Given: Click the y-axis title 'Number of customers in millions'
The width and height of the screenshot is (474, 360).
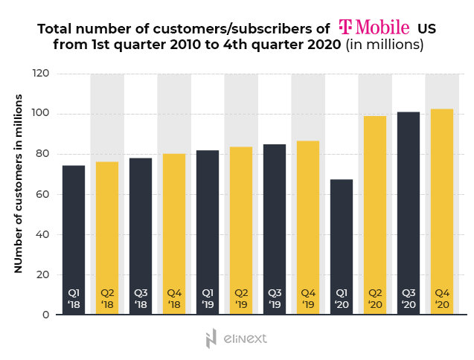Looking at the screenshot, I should coord(18,183).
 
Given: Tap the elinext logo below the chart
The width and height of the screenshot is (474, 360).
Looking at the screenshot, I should coord(236,338).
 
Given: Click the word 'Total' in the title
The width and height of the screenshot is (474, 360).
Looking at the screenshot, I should coord(54,29).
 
